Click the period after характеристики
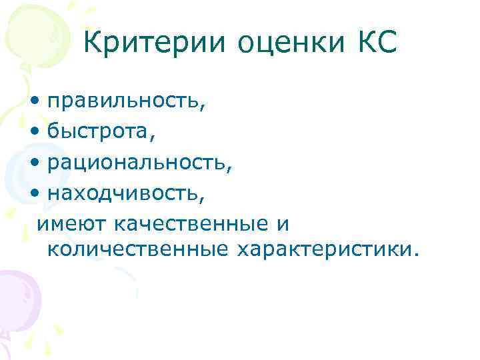pos(418,254)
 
